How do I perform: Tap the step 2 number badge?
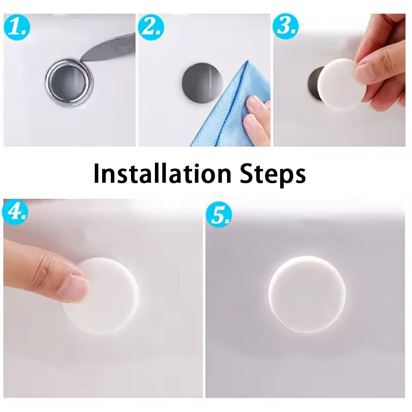151,27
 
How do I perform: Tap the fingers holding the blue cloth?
256,117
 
